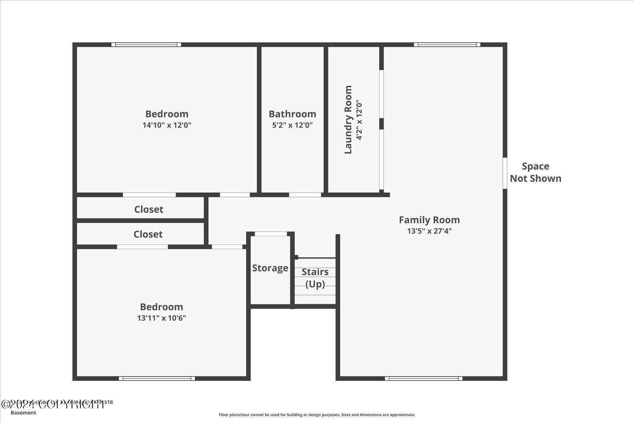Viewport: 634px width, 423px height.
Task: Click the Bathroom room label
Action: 292,114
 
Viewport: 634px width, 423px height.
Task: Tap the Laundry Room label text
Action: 348,119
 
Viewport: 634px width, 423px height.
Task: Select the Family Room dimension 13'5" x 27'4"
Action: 429,231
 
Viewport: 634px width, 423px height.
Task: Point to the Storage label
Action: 270,268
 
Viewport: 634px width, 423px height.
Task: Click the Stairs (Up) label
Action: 315,278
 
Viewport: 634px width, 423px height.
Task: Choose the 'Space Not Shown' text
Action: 535,172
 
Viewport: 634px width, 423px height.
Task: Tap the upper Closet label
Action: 149,209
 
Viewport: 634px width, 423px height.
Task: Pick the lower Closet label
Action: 148,234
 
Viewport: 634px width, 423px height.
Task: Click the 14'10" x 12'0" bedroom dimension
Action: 167,125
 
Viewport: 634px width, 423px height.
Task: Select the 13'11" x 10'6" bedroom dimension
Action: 161,318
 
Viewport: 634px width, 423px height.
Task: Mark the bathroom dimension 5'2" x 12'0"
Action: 292,125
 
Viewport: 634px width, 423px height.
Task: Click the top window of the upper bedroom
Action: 146,45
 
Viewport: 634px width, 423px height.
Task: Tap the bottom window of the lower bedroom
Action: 157,379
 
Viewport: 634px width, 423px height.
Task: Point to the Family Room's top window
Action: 447,45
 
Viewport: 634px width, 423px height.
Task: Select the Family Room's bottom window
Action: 424,379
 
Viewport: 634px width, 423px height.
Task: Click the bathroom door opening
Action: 305,195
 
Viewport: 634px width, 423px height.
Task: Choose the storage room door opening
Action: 270,234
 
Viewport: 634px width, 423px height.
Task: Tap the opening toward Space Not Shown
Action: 505,173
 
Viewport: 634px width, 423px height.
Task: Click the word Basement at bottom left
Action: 23,413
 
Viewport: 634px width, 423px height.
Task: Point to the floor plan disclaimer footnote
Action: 317,415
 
